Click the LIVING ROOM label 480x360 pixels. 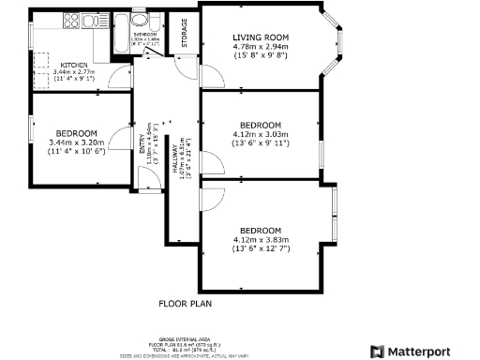point(261,37)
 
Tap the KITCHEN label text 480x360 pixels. point(48,64)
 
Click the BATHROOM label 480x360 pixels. point(143,34)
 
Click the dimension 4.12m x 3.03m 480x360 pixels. point(261,134)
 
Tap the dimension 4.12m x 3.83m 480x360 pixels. point(261,239)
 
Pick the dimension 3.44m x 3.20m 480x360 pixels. point(79,142)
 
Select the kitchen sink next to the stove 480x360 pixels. point(94,21)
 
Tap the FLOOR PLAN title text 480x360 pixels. point(186,304)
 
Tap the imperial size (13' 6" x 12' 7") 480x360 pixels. point(261,248)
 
